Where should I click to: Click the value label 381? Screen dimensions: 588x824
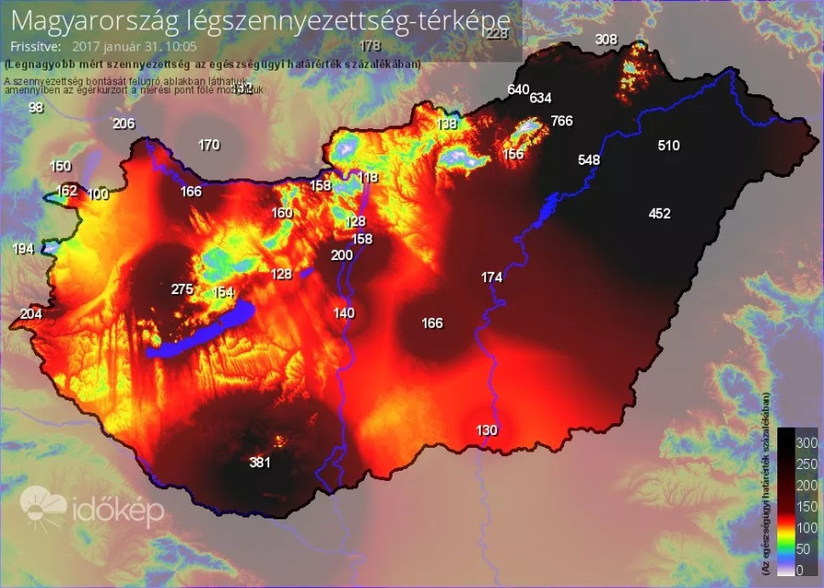point(260,463)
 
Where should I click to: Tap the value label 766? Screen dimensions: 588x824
point(561,121)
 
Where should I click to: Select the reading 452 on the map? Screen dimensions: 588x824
point(659,213)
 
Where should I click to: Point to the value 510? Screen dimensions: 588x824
point(668,146)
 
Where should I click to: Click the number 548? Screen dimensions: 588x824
point(589,160)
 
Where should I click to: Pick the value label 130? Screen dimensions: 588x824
point(487,430)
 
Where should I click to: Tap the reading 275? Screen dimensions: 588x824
point(182,289)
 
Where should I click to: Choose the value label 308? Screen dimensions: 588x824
point(606,39)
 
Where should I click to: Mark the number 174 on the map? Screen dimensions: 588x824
point(492,277)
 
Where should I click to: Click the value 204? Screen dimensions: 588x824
point(31,314)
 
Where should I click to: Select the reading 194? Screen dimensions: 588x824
point(24,249)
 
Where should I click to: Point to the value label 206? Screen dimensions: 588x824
point(124,125)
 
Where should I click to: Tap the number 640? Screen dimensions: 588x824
point(518,90)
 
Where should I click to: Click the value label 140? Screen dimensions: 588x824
point(343,313)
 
